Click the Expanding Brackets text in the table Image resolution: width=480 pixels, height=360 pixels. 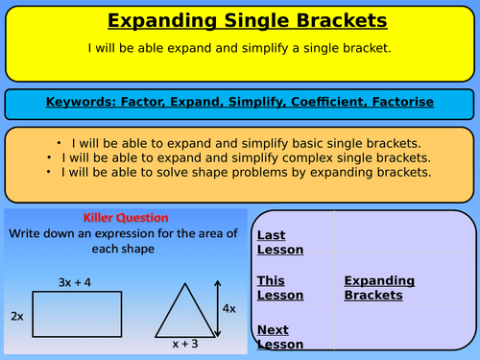click(x=379, y=289)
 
